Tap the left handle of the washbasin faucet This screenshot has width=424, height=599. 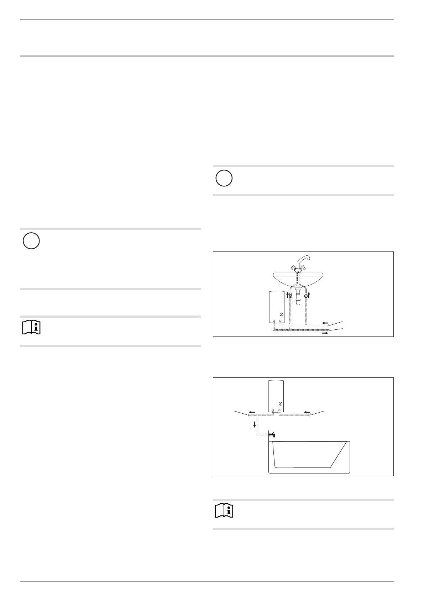[293, 268]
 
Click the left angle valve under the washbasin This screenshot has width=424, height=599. [291, 296]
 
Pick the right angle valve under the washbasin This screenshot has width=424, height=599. [306, 296]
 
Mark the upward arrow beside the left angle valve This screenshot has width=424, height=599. [287, 295]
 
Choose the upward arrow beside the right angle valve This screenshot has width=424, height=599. [309, 295]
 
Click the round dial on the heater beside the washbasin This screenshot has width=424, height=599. [282, 314]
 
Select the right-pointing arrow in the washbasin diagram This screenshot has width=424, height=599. [325, 333]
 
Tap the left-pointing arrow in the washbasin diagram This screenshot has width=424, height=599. [325, 323]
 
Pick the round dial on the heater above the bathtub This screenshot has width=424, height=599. [281, 403]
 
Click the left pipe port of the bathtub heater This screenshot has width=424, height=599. [273, 410]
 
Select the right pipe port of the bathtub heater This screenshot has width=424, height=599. [280, 410]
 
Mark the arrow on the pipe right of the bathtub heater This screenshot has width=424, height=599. [307, 412]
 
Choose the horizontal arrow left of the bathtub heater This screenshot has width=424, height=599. [252, 412]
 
